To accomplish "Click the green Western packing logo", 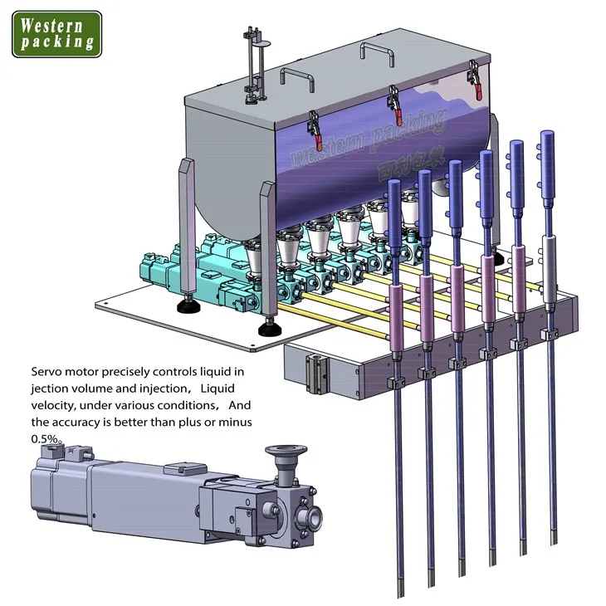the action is pyautogui.click(x=56, y=34).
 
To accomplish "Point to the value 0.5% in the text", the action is pyautogui.click(x=45, y=439).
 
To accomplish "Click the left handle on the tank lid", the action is pyautogui.click(x=297, y=79).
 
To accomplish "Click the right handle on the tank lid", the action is pyautogui.click(x=377, y=53).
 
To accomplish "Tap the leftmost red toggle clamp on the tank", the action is pyautogui.click(x=315, y=130).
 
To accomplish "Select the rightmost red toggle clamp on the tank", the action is pyautogui.click(x=475, y=80).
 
